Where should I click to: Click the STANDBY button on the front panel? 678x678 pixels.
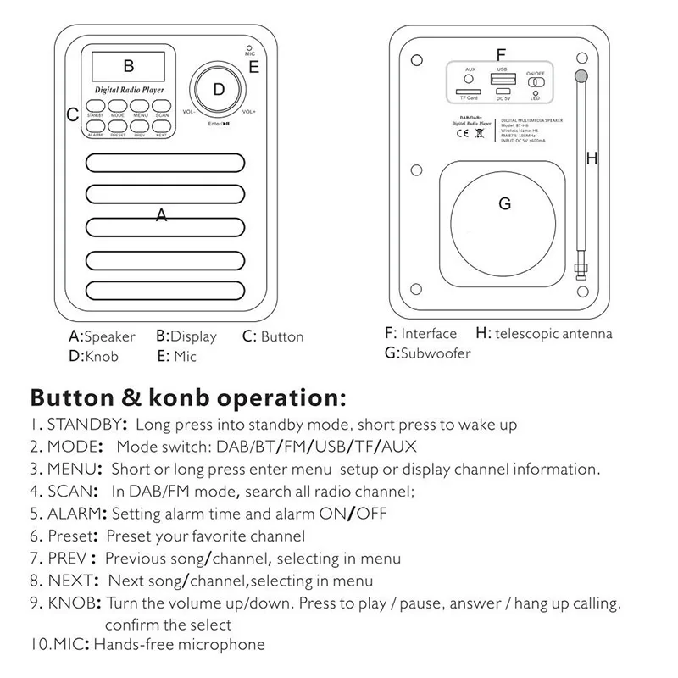[94, 105]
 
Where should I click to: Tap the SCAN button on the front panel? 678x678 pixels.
[162, 105]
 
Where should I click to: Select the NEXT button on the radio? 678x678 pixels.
[162, 126]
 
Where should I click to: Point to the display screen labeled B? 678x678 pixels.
[127, 64]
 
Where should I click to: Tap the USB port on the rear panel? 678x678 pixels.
[502, 81]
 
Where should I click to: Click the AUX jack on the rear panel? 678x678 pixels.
[470, 78]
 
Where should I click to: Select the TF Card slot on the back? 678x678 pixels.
[467, 91]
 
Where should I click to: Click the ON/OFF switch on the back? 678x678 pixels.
[536, 82]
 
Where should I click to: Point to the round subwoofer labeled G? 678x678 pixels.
[504, 204]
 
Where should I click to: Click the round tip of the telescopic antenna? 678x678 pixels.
[581, 76]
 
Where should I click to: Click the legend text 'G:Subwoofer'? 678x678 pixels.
[427, 353]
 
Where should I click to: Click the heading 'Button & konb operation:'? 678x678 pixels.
[187, 397]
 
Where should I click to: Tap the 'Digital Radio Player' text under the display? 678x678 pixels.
[129, 89]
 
